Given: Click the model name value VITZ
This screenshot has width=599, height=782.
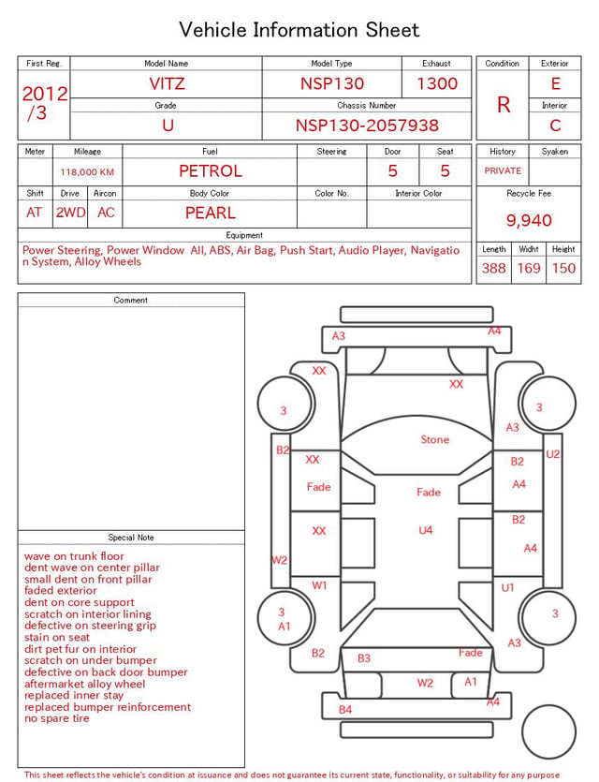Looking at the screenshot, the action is pyautogui.click(x=167, y=83).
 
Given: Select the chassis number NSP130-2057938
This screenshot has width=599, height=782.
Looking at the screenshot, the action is pyautogui.click(x=367, y=125).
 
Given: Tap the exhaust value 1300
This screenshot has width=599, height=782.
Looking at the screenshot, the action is pyautogui.click(x=437, y=83).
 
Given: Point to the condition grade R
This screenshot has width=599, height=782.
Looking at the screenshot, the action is pyautogui.click(x=504, y=105).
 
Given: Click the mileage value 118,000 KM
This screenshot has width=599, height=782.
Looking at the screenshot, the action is pyautogui.click(x=87, y=172).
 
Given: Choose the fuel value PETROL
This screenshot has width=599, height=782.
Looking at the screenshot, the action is pyautogui.click(x=211, y=171).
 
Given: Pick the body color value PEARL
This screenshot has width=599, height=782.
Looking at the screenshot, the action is pyautogui.click(x=211, y=213).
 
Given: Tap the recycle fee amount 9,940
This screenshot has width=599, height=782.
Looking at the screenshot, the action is pyautogui.click(x=529, y=220).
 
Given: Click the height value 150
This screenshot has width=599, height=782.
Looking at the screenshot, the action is pyautogui.click(x=563, y=268).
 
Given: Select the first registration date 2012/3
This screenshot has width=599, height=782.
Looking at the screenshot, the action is pyautogui.click(x=45, y=103).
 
